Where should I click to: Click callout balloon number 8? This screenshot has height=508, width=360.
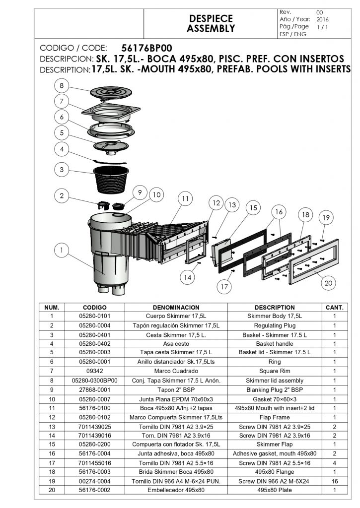click(x=61, y=86)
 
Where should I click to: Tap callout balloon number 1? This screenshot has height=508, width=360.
click(x=61, y=251)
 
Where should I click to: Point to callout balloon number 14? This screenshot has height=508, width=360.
click(x=187, y=278)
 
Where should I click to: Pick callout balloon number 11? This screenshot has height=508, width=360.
click(x=185, y=198)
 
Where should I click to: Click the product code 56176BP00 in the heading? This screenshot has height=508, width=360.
click(x=147, y=48)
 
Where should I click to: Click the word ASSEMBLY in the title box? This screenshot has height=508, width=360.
click(x=211, y=29)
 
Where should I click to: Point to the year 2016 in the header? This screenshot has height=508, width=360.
click(x=322, y=19)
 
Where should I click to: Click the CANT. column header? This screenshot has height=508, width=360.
click(x=334, y=308)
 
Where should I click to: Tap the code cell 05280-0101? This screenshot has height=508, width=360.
click(x=94, y=316)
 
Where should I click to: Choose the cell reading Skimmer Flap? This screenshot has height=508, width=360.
click(x=274, y=444)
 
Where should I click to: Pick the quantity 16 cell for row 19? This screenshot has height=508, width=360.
click(x=334, y=481)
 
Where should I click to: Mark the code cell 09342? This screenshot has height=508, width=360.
click(x=94, y=371)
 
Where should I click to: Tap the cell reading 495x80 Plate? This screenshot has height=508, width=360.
click(x=274, y=490)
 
